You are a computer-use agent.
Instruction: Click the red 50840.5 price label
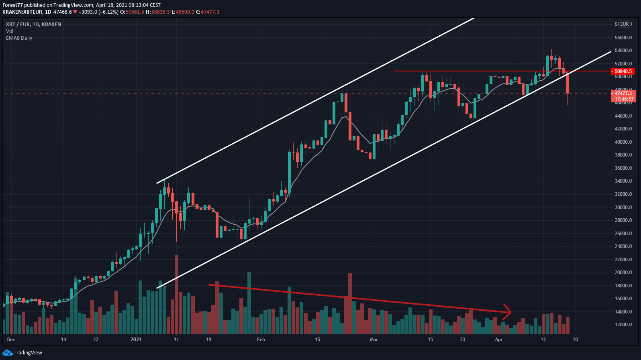(623, 71)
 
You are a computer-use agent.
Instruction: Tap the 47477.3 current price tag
(623, 94)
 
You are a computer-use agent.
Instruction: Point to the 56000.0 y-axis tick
(623, 38)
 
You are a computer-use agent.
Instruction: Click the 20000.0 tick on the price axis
(623, 273)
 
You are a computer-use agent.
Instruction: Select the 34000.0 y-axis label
(623, 181)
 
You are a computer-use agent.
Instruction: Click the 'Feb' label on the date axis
(261, 340)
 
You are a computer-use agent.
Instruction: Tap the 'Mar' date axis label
(374, 340)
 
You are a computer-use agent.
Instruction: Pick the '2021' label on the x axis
(136, 340)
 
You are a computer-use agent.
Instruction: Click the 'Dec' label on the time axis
(11, 340)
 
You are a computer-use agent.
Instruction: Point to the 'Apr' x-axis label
(499, 340)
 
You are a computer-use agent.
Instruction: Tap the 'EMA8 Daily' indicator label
(19, 38)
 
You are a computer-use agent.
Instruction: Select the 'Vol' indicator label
(10, 31)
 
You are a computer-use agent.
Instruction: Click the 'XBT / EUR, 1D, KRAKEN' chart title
(33, 24)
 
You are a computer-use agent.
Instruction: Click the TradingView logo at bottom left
(22, 353)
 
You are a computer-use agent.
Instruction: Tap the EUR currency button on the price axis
(625, 24)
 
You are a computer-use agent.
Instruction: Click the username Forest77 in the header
(12, 5)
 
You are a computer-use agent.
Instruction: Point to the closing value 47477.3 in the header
(210, 12)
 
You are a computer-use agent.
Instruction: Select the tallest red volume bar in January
(176, 294)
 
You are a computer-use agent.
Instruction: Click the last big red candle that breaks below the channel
(568, 83)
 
